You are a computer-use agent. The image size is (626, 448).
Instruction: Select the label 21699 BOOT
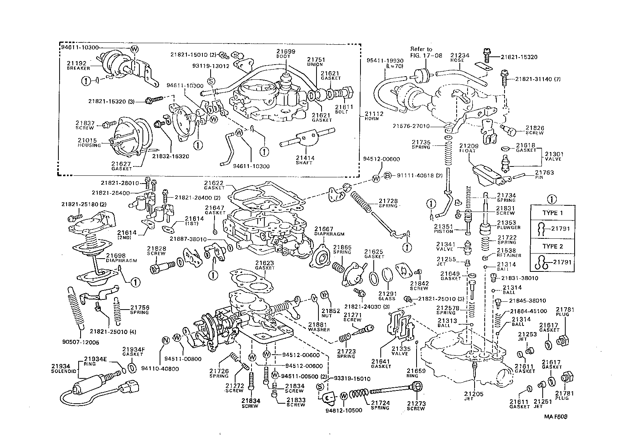pyautogui.click(x=286, y=53)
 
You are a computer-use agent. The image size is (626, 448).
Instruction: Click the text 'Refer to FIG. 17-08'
pyautogui.click(x=421, y=52)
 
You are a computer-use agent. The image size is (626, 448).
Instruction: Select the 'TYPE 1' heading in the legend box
pyautogui.click(x=552, y=213)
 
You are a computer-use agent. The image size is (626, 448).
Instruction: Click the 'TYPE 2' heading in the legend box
pyautogui.click(x=552, y=246)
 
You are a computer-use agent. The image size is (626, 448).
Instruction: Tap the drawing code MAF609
pyautogui.click(x=556, y=416)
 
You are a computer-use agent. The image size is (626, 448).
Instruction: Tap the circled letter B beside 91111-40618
pyautogui.click(x=387, y=176)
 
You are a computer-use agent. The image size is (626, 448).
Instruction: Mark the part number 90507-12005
pyautogui.click(x=80, y=343)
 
